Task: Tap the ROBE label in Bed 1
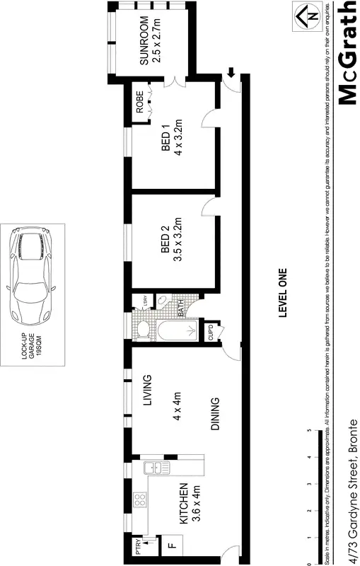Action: (140, 102)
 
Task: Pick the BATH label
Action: (181, 308)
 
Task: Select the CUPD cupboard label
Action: (210, 331)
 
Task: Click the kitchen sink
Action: (151, 468)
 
